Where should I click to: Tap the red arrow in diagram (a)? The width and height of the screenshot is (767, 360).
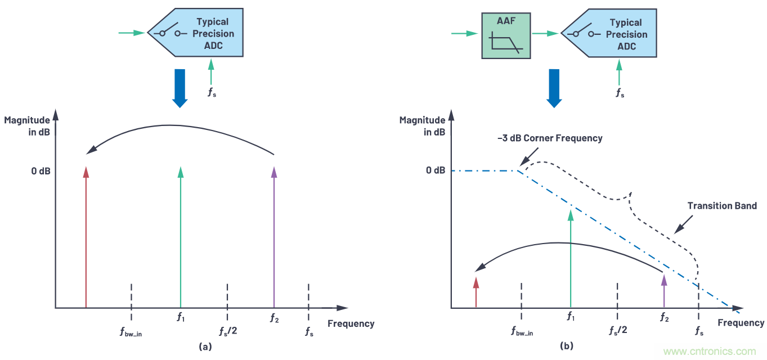86,236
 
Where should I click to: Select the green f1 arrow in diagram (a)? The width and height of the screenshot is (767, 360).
181,236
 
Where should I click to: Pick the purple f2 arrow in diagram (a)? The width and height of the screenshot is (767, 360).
273,236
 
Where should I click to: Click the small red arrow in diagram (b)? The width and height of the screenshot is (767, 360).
476,292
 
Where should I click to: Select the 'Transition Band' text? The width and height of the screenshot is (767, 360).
722,206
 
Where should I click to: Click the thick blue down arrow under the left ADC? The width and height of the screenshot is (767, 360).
180,88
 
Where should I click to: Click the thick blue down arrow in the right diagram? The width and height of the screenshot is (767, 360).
555,88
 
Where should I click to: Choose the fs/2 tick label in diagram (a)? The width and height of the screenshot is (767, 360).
228,330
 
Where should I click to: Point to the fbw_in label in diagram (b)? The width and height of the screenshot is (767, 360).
523,331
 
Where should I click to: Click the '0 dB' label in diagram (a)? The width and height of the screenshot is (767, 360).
41,170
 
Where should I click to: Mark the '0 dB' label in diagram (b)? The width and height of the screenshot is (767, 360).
437,170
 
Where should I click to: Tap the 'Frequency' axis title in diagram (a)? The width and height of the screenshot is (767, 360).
351,323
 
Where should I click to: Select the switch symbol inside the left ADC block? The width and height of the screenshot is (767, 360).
170,33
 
